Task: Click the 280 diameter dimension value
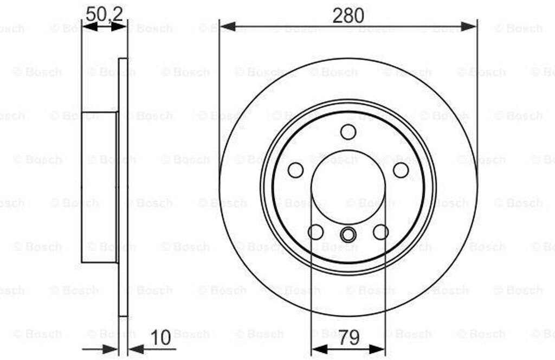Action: click(348, 16)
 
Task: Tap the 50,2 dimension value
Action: click(104, 14)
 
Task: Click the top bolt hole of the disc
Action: click(349, 132)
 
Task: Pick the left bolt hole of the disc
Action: click(295, 170)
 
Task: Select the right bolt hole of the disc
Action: click(401, 170)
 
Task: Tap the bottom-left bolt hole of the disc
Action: click(316, 232)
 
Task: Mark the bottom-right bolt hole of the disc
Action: click(381, 232)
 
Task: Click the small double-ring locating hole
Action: click(349, 234)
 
